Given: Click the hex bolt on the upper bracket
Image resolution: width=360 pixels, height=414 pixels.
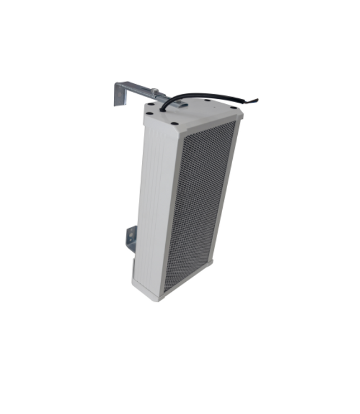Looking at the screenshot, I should [154, 92].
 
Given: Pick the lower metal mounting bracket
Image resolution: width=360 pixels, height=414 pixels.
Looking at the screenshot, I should [132, 238].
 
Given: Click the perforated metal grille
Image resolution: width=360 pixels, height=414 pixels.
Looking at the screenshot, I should [198, 206].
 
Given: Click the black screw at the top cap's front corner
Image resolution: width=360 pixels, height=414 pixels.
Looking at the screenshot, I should [174, 124].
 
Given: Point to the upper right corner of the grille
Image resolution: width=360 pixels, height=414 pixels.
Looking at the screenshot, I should [234, 123].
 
